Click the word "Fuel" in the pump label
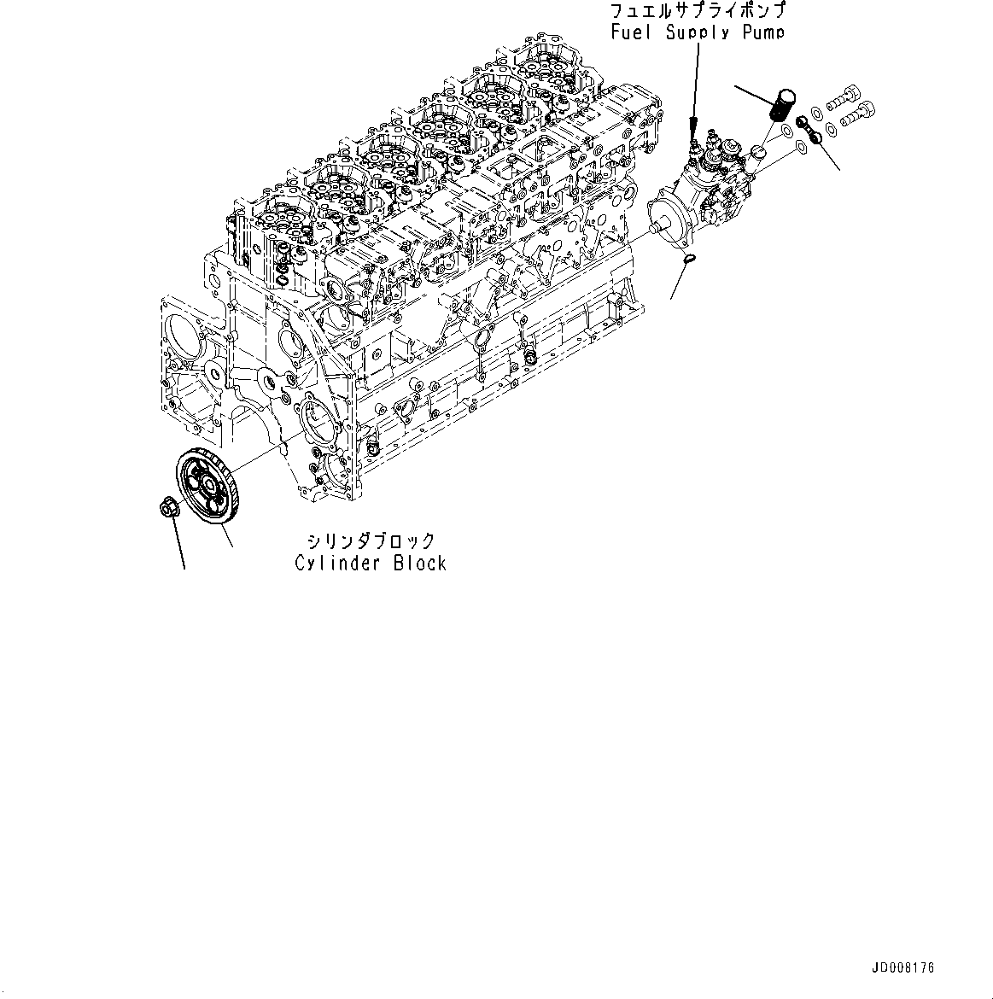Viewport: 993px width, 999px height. [x=629, y=32]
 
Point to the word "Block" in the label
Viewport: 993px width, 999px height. [x=418, y=563]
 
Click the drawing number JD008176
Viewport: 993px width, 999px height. [x=903, y=968]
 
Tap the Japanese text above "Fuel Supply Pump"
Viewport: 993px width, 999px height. [x=698, y=12]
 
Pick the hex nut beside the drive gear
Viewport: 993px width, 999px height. [x=168, y=507]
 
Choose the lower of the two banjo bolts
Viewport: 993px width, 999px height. [x=859, y=111]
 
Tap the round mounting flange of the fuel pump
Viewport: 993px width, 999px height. [x=675, y=220]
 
